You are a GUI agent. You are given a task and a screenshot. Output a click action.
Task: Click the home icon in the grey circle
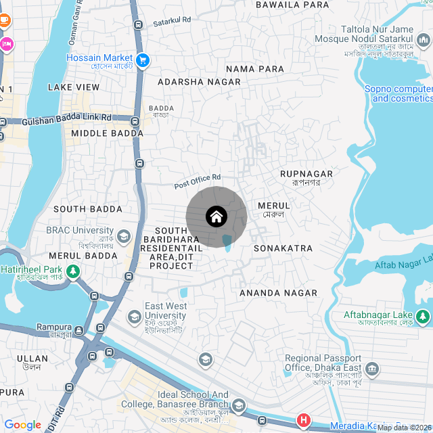[216, 217]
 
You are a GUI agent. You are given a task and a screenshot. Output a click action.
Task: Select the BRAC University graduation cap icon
[124, 236]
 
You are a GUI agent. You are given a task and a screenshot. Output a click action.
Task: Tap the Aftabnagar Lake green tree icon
[423, 315]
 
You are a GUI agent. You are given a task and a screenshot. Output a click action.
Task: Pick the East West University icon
[135, 316]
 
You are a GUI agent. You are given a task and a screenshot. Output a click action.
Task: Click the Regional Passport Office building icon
[372, 369]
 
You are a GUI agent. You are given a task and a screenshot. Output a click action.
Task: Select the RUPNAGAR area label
[306, 174]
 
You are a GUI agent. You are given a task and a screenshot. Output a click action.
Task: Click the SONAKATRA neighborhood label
[283, 248]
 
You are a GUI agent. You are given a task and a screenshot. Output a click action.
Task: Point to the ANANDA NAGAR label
[278, 293]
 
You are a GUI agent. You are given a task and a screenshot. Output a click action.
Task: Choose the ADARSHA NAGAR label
[199, 82]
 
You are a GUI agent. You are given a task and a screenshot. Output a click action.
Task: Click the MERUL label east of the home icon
[274, 205]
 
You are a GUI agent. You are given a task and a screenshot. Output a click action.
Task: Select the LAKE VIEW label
[74, 87]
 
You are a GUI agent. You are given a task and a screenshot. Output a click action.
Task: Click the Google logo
[22, 425]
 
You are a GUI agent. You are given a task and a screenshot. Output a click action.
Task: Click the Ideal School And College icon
[237, 405]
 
